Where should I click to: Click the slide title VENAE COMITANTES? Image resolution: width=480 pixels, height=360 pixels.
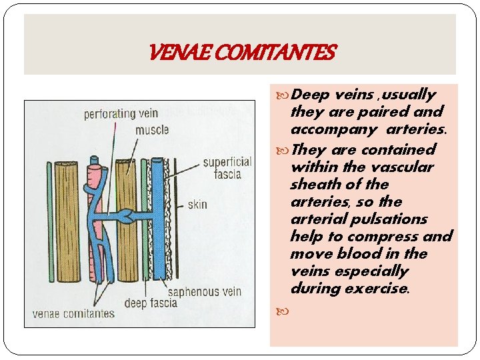point(243,51)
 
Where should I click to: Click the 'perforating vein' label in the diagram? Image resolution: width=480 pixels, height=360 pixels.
point(121,114)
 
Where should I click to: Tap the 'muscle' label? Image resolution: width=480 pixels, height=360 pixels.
point(152,130)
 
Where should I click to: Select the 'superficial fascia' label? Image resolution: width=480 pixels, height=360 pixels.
point(227,168)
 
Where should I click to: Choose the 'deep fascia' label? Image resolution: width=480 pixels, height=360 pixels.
point(155,303)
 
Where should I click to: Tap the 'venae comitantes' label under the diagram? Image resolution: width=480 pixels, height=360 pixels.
point(73,313)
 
